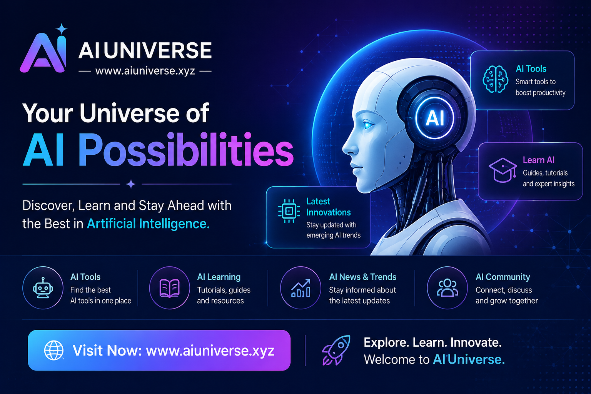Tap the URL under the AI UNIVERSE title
(145, 71)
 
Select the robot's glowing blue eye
(368, 125)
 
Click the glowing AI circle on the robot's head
(434, 118)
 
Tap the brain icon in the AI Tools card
(495, 79)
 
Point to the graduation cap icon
(503, 170)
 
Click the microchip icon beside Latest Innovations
(289, 211)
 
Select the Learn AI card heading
(539, 160)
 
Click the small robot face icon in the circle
(43, 288)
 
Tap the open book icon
(170, 288)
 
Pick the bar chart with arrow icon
(301, 288)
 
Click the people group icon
(447, 288)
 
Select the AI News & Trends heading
(363, 277)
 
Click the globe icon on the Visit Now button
(54, 350)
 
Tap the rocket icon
(336, 350)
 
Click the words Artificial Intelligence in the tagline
(148, 224)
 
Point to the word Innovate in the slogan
(476, 342)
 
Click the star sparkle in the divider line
(131, 184)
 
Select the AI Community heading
(503, 277)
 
